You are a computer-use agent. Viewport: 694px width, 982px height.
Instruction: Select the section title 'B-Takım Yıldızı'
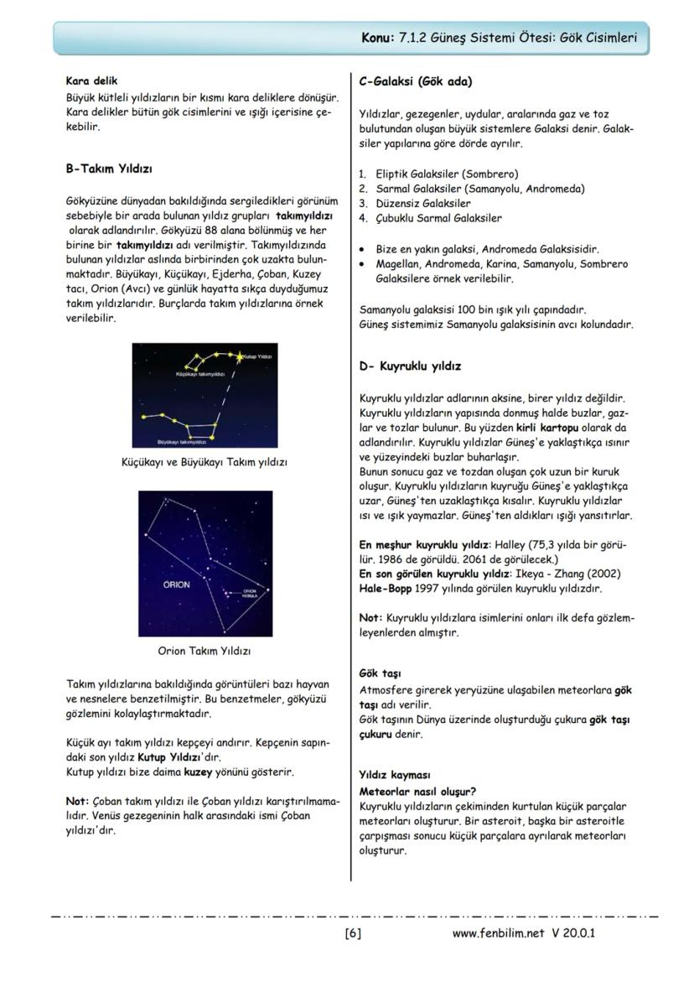pos(109,169)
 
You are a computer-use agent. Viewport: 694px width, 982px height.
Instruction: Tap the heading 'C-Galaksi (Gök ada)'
pos(415,81)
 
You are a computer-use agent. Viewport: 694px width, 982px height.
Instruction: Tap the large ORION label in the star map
pos(176,585)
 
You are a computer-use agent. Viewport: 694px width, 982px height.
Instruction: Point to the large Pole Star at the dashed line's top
pos(241,357)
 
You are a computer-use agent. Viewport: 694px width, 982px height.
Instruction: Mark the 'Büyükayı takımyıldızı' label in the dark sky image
pos(182,440)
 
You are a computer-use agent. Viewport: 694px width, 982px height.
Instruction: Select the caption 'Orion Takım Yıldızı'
pos(205,650)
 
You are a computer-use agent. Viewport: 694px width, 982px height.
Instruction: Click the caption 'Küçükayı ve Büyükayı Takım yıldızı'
pos(205,461)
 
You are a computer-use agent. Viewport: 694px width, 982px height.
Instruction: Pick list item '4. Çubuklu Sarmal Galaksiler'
pos(430,218)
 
